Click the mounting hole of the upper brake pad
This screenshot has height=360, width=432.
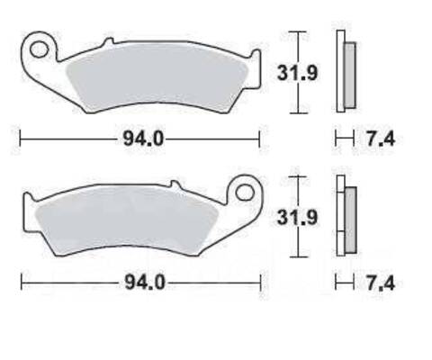point(40,49)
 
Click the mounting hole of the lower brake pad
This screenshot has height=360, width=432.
point(245,193)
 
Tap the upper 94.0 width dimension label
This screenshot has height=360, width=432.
point(144,139)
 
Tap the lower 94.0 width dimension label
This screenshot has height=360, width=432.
point(145,283)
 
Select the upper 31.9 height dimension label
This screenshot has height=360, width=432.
point(297,73)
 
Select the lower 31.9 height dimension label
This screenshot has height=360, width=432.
point(297,217)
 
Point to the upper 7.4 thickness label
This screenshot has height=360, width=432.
point(381,139)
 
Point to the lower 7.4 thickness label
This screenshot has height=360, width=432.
point(381,283)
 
